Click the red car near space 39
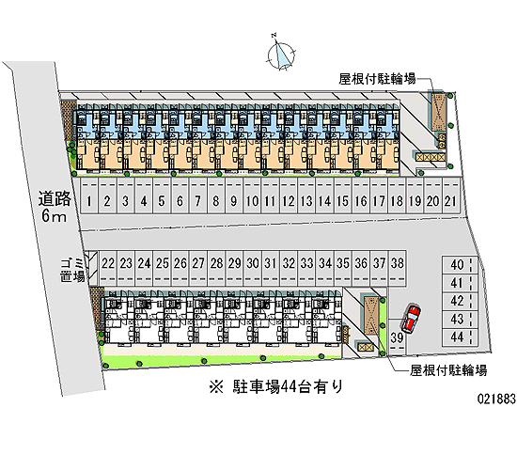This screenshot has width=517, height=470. (411, 319)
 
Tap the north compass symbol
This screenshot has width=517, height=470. (281, 55)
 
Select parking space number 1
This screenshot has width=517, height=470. (89, 196)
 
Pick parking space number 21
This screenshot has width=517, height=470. (450, 196)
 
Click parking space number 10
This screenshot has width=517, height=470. (252, 196)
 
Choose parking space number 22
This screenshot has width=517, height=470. (108, 268)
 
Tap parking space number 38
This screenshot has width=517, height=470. (398, 268)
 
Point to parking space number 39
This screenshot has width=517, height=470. (397, 337)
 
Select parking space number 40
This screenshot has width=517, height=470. (460, 264)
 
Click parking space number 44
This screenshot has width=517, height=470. (460, 337)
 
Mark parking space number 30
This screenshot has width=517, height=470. (253, 268)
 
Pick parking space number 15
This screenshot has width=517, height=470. (343, 196)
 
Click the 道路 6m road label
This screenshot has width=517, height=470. (55, 207)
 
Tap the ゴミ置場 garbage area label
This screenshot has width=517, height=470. (72, 270)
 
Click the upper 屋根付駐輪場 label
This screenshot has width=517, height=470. (377, 79)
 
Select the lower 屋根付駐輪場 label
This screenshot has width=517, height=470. (448, 370)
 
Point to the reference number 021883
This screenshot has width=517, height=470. (496, 399)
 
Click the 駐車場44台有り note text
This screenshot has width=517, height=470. (276, 386)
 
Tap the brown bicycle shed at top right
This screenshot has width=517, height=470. (439, 111)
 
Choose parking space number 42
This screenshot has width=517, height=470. (460, 301)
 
